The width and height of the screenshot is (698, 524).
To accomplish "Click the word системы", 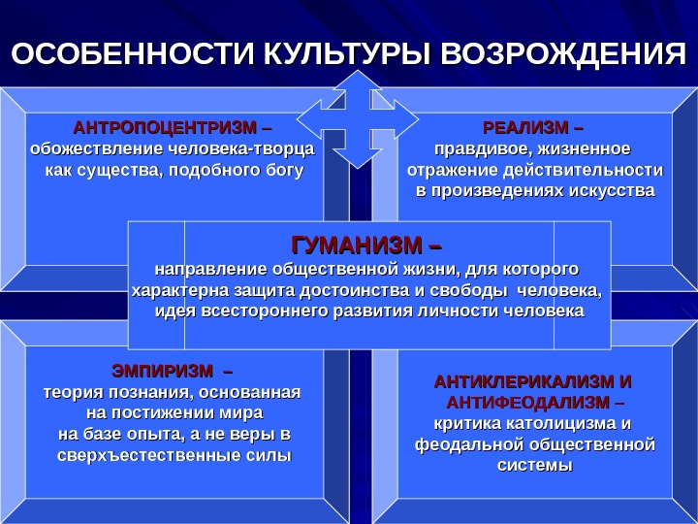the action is (534, 466).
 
